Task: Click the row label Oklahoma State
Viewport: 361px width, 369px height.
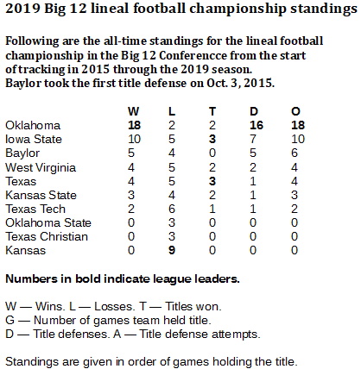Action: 48,222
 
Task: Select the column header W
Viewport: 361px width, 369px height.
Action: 134,111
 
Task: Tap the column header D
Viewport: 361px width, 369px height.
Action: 254,111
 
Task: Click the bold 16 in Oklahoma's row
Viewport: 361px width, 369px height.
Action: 256,125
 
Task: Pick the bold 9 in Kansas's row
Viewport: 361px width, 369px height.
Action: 172,250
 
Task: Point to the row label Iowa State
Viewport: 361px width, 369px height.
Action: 34,139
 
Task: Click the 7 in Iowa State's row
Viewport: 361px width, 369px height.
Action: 253,139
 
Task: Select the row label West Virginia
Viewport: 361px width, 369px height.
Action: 41,167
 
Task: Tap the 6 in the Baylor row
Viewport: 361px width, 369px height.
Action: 294,153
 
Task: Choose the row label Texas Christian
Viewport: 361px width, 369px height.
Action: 47,236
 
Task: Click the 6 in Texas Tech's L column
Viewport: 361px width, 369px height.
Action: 172,209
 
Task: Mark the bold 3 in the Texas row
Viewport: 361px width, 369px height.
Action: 212,181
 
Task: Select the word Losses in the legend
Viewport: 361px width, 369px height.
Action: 115,307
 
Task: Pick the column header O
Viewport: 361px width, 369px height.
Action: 295,111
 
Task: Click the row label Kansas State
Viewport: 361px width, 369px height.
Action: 41,195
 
